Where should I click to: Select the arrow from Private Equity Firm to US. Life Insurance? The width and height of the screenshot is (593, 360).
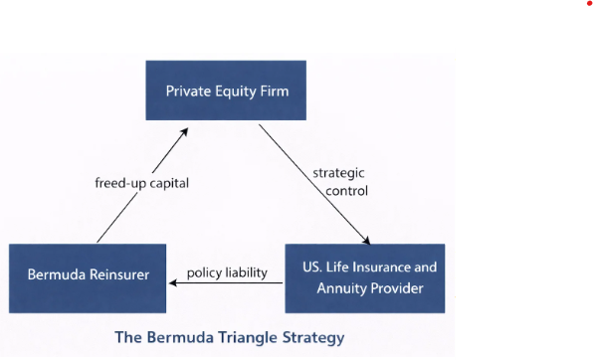(x=313, y=184)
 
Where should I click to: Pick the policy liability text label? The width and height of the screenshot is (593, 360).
(x=228, y=271)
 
